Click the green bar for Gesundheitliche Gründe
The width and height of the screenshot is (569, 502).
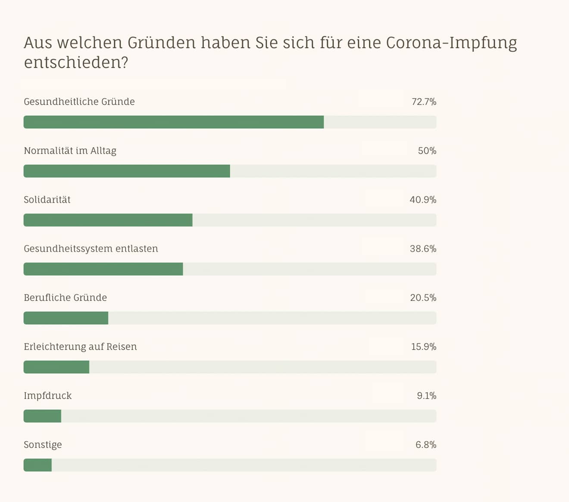pyautogui.click(x=173, y=122)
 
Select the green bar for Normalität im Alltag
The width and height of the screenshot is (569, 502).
pyautogui.click(x=127, y=171)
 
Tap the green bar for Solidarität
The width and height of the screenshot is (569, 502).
pyautogui.click(x=108, y=220)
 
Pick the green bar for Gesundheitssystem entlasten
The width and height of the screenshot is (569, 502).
pyautogui.click(x=103, y=269)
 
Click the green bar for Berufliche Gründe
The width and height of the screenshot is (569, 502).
pyautogui.click(x=66, y=318)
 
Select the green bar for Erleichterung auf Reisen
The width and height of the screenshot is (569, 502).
pyautogui.click(x=56, y=367)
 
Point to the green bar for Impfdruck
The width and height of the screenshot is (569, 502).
pyautogui.click(x=42, y=416)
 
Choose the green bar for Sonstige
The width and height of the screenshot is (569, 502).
pyautogui.click(x=38, y=465)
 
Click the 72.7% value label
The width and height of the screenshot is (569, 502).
pyautogui.click(x=424, y=102)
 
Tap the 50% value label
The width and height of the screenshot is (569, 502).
pyautogui.click(x=427, y=151)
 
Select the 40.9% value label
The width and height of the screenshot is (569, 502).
pyautogui.click(x=423, y=200)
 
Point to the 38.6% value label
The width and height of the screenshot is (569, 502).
pyautogui.click(x=423, y=249)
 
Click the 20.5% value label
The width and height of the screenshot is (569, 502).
pyautogui.click(x=423, y=298)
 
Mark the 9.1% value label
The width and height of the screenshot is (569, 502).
pyautogui.click(x=426, y=396)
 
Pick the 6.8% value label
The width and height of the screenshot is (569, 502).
pyautogui.click(x=426, y=445)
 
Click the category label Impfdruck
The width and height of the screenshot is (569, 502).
pyautogui.click(x=47, y=396)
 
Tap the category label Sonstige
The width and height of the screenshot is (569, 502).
pyautogui.click(x=43, y=445)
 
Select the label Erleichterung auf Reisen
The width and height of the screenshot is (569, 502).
pyautogui.click(x=80, y=347)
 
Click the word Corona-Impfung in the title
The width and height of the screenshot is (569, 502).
pyautogui.click(x=451, y=43)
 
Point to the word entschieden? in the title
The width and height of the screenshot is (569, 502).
pyautogui.click(x=76, y=63)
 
